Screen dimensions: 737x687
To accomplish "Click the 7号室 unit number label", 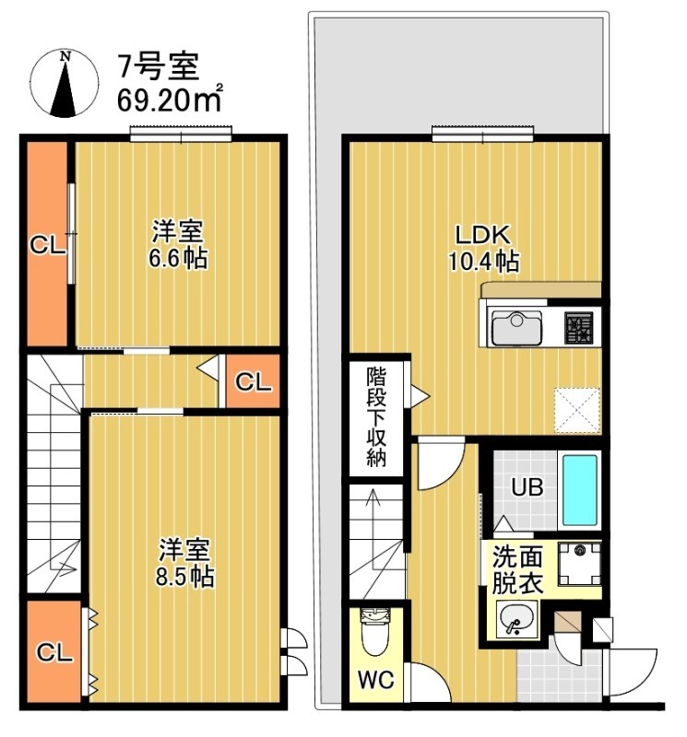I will [x=154, y=65].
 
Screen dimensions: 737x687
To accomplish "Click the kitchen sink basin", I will [x=515, y=328].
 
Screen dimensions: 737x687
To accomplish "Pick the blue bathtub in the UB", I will [x=581, y=488].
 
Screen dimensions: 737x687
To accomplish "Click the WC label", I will [x=376, y=682].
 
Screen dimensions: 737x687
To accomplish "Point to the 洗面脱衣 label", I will [x=516, y=569].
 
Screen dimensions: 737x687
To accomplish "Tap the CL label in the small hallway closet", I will [x=252, y=382].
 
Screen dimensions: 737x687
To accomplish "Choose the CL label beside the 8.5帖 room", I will [x=54, y=652].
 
